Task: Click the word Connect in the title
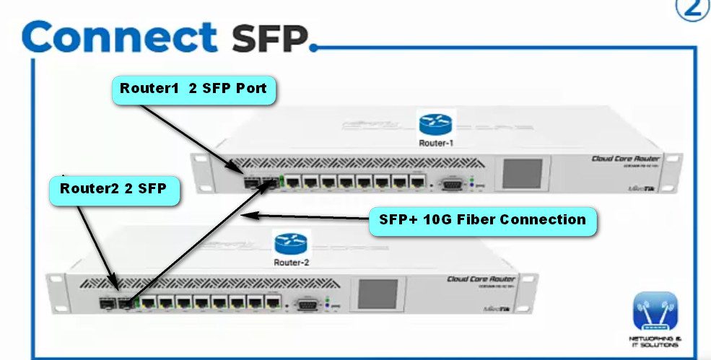click(119, 36)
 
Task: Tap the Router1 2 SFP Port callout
click(193, 89)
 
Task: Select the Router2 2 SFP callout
click(113, 190)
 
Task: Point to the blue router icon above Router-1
click(435, 123)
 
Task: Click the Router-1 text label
click(436, 143)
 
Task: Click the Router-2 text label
click(292, 262)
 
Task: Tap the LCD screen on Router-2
click(378, 294)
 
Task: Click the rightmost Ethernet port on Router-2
click(271, 302)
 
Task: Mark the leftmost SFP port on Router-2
click(106, 302)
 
